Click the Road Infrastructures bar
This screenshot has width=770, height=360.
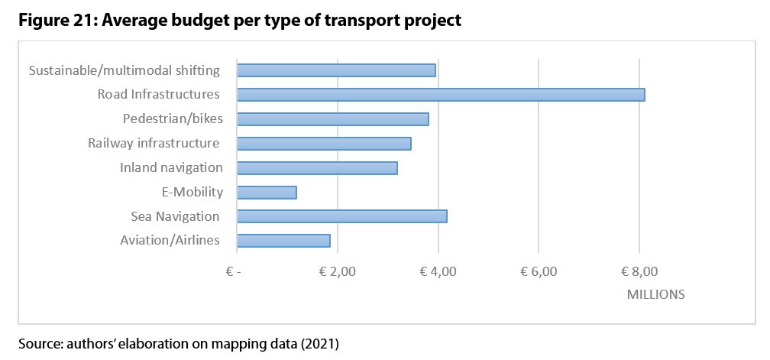click(441, 95)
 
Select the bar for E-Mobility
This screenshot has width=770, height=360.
click(267, 192)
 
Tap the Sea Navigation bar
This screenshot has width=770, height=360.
click(341, 216)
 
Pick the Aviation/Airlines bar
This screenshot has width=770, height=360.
click(283, 241)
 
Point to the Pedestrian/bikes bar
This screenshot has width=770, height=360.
click(332, 119)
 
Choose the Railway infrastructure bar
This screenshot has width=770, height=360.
click(324, 144)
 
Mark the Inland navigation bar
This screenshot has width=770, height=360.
click(317, 168)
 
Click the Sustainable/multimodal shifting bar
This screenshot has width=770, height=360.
click(336, 70)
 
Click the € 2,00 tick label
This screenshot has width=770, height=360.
click(337, 271)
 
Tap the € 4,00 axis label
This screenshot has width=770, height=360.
click(438, 271)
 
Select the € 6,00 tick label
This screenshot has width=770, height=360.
click(539, 271)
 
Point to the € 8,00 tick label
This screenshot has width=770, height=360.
click(639, 271)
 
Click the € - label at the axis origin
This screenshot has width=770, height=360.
click(233, 271)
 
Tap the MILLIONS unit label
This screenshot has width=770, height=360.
click(655, 294)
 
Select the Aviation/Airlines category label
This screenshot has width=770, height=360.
click(170, 241)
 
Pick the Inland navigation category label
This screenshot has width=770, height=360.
click(171, 167)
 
